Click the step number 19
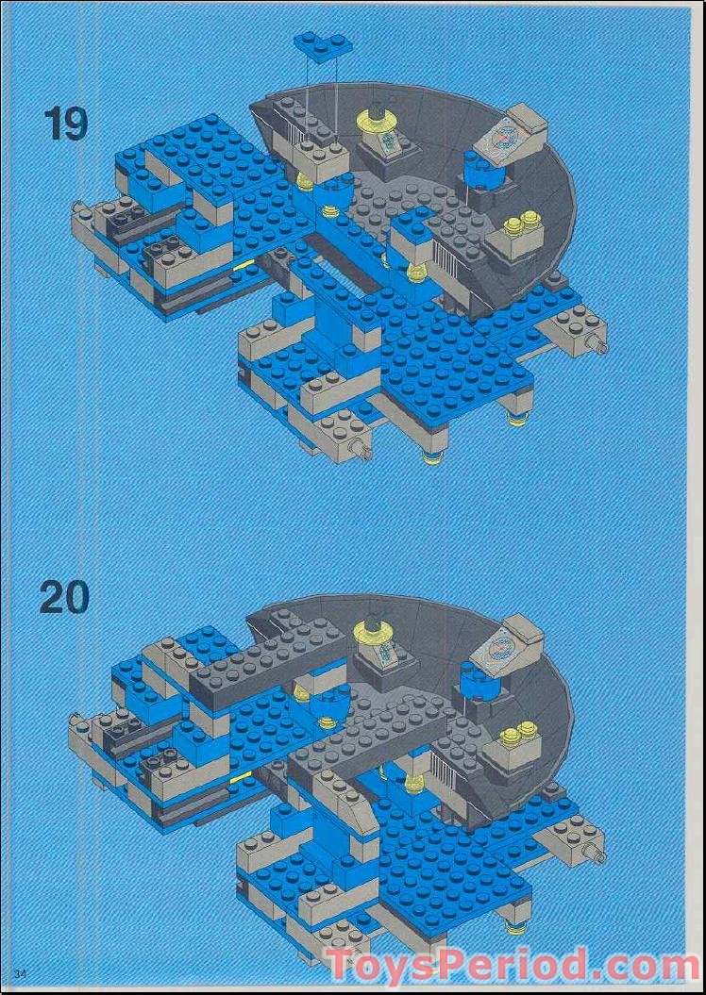(x=65, y=124)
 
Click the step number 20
(x=65, y=597)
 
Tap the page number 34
(x=21, y=973)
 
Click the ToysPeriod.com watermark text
(x=513, y=965)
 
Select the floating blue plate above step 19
(x=323, y=43)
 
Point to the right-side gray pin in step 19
(x=597, y=344)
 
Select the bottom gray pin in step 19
(x=361, y=450)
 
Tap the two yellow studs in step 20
(x=517, y=732)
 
